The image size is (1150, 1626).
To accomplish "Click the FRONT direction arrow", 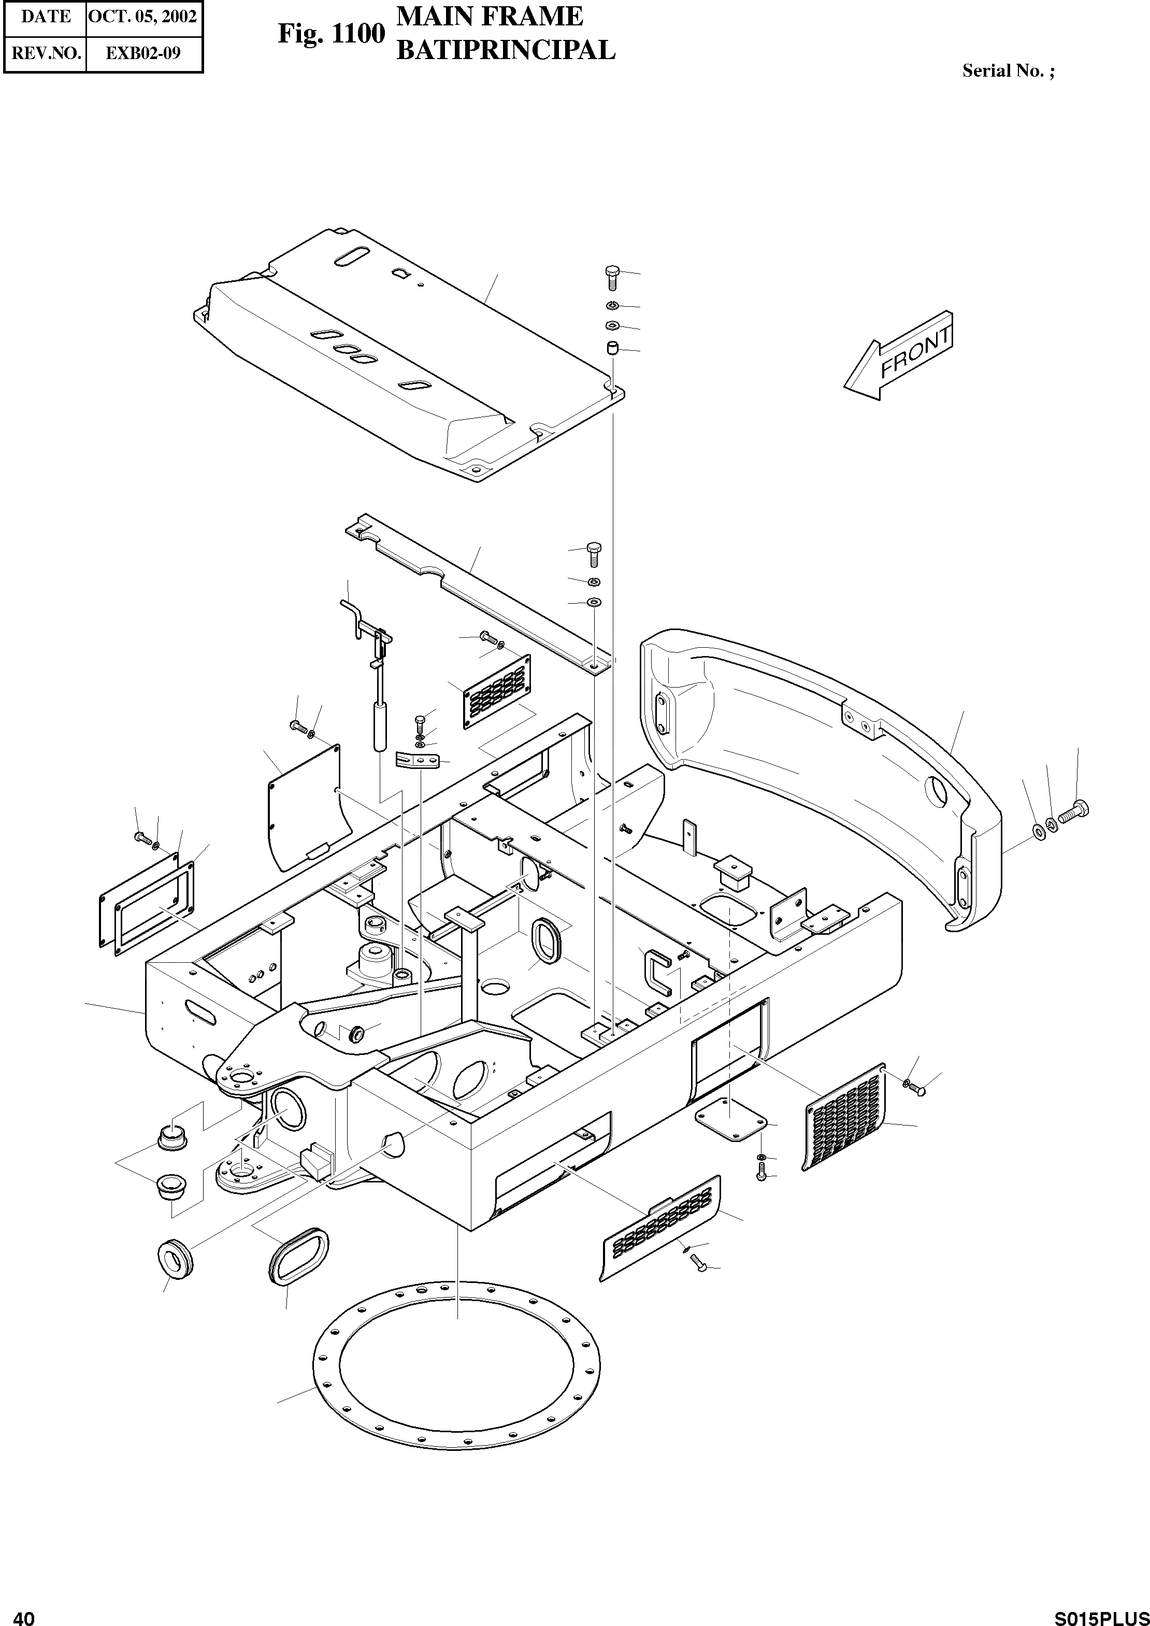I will [899, 355].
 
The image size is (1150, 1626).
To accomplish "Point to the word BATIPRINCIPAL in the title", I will [505, 50].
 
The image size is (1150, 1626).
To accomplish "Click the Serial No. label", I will [1007, 71].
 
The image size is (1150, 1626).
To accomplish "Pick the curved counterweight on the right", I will [822, 772].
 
